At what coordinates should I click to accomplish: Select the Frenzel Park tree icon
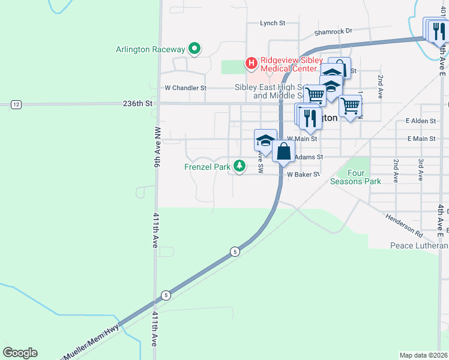(x=240, y=166)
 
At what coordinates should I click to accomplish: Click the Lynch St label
(x=272, y=23)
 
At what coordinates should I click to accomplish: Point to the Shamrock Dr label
(x=333, y=31)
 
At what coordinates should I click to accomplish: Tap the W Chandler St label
(x=185, y=88)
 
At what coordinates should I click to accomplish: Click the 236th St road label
(x=138, y=103)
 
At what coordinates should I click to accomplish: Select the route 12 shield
(x=16, y=104)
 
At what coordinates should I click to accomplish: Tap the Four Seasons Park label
(x=364, y=177)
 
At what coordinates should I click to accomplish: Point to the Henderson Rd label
(x=404, y=224)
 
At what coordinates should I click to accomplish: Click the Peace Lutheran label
(x=418, y=245)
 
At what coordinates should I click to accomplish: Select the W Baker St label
(x=303, y=175)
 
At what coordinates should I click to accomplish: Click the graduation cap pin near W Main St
(x=265, y=140)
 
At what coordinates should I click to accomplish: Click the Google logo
(x=20, y=353)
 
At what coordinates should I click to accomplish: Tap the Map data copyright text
(x=424, y=355)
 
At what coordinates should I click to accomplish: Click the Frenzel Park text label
(x=208, y=167)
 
